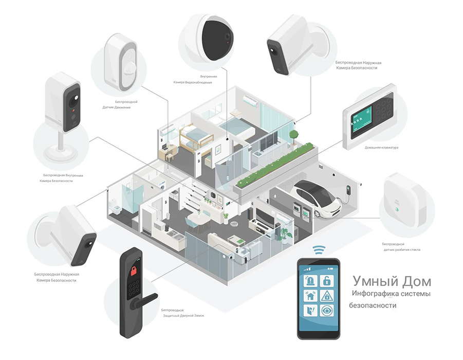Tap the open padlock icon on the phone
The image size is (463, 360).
coord(325,281)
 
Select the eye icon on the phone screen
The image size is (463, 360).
coord(325,311)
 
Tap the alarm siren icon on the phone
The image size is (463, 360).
coord(310,281)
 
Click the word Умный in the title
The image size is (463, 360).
coord(371,281)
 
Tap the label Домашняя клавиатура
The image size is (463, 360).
coord(381,148)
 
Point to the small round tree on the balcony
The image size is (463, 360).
coord(294,135)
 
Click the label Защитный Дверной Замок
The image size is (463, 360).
coord(182,315)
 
